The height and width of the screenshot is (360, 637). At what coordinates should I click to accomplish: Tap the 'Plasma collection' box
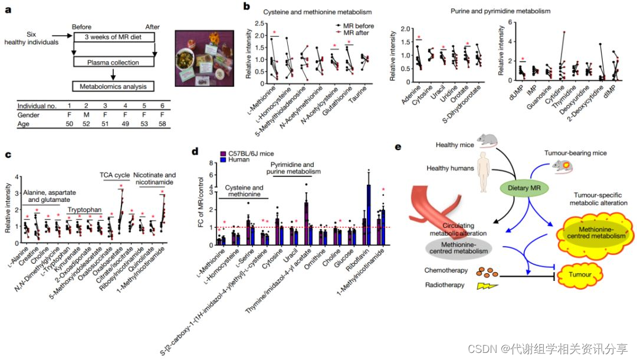pos(113,63)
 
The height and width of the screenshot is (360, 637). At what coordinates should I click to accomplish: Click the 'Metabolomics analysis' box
pos(113,86)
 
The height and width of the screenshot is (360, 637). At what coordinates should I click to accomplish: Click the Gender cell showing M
pos(87,114)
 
